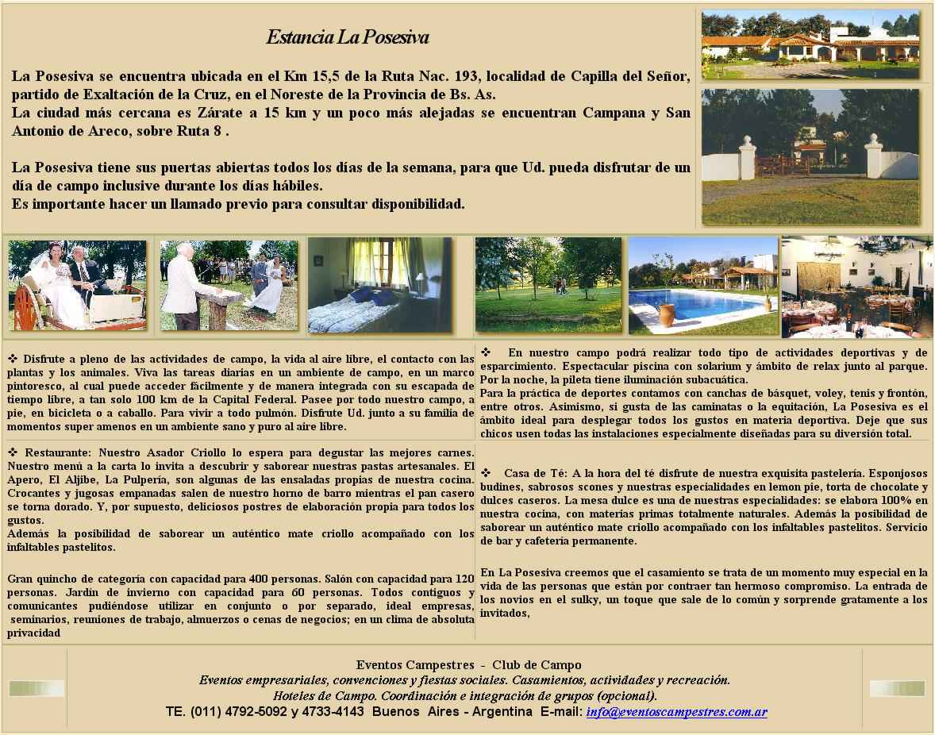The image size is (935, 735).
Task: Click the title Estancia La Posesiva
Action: coord(347,37)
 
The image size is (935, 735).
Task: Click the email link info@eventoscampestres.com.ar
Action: coord(676,712)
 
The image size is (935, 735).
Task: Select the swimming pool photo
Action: coord(703,287)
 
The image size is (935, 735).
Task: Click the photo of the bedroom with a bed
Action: coord(379,285)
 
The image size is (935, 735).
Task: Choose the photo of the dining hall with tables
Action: coord(856,287)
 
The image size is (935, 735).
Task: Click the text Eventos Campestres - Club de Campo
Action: coord(468,665)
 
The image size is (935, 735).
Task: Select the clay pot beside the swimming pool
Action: coord(666,315)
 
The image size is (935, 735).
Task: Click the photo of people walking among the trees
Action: coord(548,285)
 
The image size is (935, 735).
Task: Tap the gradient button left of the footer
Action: coord(37,688)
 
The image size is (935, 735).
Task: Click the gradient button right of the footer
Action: coord(897,688)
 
